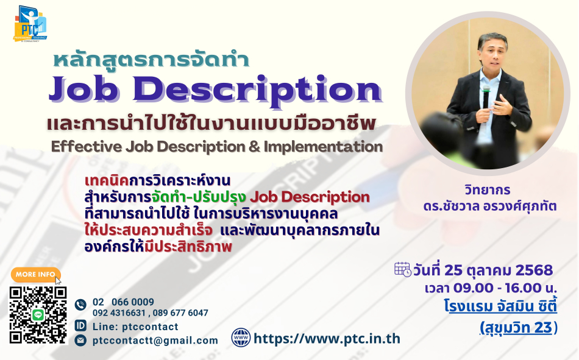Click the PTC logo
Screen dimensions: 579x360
[x=30, y=24]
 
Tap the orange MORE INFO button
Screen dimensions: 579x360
[x=35, y=274]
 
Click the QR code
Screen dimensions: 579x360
[x=38, y=315]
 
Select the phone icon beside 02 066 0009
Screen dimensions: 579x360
[x=80, y=305]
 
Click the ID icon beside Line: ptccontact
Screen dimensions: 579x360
[x=80, y=326]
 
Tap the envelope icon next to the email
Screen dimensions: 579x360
[x=80, y=340]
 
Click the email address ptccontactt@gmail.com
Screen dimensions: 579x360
[x=155, y=341]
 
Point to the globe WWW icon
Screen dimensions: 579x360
[x=241, y=337]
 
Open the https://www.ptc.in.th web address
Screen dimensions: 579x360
[x=327, y=339]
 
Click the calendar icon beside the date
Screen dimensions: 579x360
[x=402, y=269]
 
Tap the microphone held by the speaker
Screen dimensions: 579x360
[x=486, y=97]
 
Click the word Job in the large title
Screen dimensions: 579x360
[x=83, y=89]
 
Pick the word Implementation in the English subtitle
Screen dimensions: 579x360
[x=323, y=147]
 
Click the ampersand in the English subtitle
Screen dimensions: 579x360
[x=254, y=147]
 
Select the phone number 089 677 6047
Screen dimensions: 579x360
[x=180, y=312]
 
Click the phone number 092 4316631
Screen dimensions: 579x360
[x=119, y=312]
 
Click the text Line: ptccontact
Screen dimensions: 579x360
[x=135, y=326]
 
